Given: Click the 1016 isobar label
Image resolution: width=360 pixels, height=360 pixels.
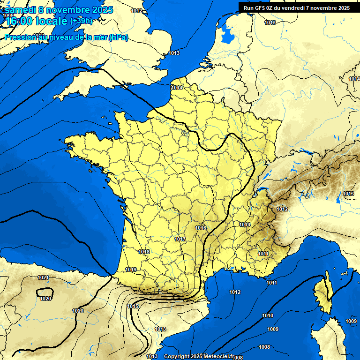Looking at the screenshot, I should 201,228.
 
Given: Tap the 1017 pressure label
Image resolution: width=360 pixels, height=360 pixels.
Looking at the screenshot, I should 180,239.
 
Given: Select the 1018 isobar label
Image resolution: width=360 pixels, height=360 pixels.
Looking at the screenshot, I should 144,252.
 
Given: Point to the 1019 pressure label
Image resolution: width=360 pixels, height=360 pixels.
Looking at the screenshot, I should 131,270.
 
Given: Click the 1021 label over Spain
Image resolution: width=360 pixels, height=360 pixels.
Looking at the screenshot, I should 43,277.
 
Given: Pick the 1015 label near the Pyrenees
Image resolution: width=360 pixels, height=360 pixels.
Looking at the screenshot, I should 133,306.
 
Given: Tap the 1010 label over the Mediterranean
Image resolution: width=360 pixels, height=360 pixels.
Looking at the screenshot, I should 268,315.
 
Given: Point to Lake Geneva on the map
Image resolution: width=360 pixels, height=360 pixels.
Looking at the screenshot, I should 266,177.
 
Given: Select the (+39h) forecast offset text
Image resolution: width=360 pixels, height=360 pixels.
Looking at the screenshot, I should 81,21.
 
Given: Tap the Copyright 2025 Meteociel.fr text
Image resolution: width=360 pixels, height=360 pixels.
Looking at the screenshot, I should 198,356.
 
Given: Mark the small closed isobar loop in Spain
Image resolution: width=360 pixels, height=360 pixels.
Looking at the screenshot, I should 45,293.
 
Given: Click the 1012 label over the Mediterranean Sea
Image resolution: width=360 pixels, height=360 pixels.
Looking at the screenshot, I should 235,292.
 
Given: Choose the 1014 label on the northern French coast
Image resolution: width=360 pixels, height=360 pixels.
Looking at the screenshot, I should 177,88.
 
